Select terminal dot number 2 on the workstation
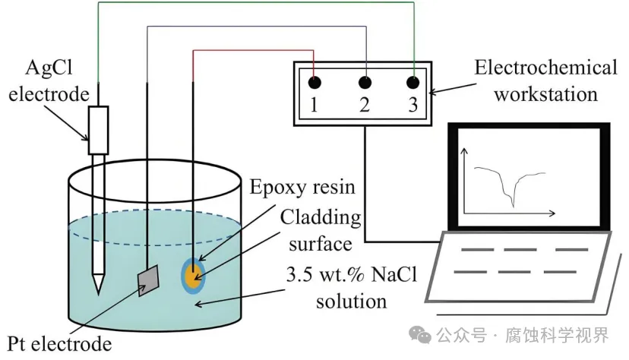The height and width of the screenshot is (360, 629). [x=365, y=81]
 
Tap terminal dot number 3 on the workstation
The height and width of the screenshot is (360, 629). [x=413, y=81]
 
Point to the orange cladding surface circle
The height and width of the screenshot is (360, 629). [x=194, y=274]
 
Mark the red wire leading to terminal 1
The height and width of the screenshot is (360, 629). [x=251, y=51]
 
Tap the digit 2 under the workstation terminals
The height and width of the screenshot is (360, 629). [x=365, y=106]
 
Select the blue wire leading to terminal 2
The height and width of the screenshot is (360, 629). [x=251, y=27]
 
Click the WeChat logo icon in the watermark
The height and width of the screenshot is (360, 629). [x=419, y=334]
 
